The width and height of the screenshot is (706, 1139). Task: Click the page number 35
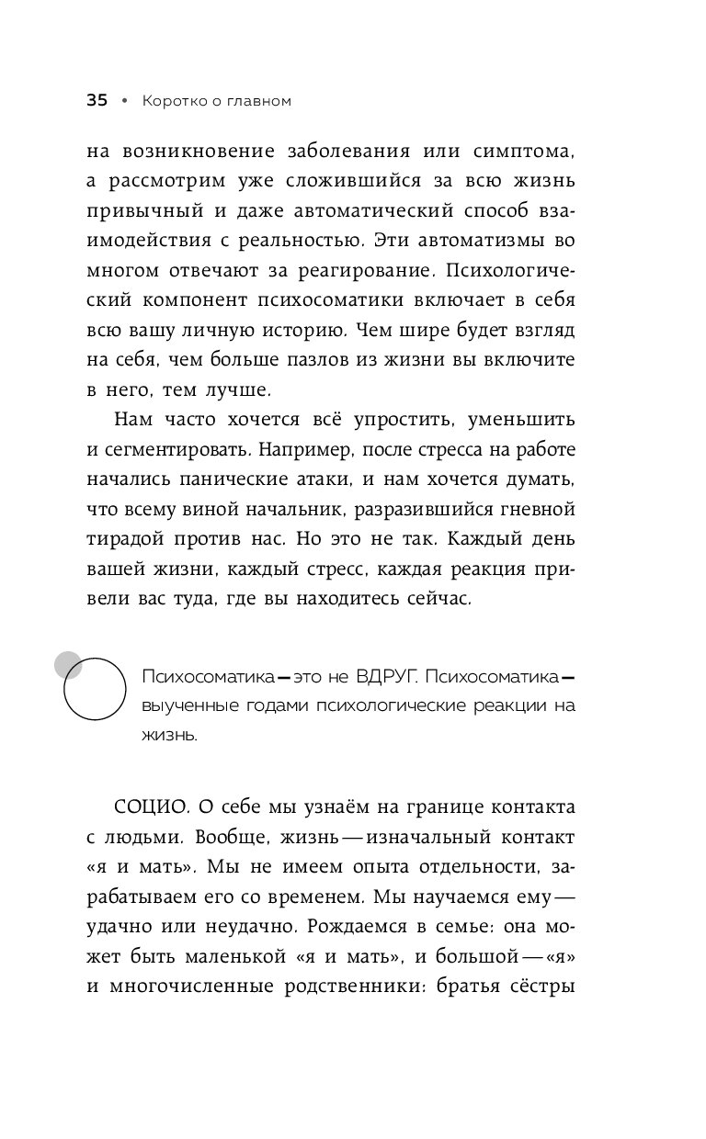tap(97, 101)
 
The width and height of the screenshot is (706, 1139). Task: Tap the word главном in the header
tap(257, 101)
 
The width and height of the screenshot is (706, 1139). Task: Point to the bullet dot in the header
tap(125, 101)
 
